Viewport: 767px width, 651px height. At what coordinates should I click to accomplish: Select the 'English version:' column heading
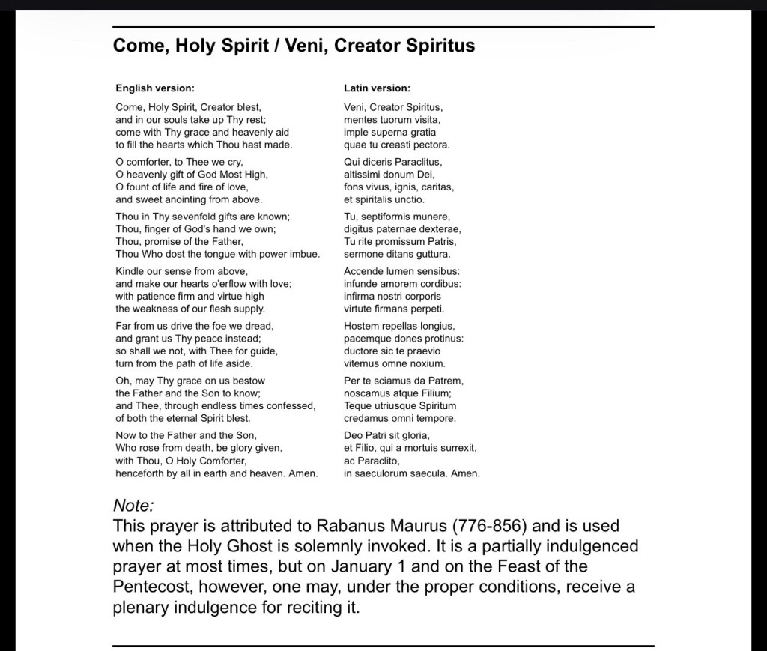pos(155,88)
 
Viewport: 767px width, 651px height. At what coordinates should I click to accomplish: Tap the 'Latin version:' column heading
pos(377,88)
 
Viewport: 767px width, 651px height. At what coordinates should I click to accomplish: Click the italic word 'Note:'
pos(133,506)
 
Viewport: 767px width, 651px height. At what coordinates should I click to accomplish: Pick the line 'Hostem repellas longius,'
pos(399,326)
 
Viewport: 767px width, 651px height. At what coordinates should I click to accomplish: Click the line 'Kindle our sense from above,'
pos(182,271)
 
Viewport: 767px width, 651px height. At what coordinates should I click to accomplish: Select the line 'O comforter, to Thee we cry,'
pos(180,162)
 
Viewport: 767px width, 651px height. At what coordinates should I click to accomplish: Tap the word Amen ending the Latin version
pos(465,473)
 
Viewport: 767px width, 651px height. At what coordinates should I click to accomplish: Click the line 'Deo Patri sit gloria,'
pos(387,435)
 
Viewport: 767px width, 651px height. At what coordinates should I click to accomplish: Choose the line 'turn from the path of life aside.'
pos(184,363)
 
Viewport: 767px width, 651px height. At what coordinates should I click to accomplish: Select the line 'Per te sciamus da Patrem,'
pos(404,381)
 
